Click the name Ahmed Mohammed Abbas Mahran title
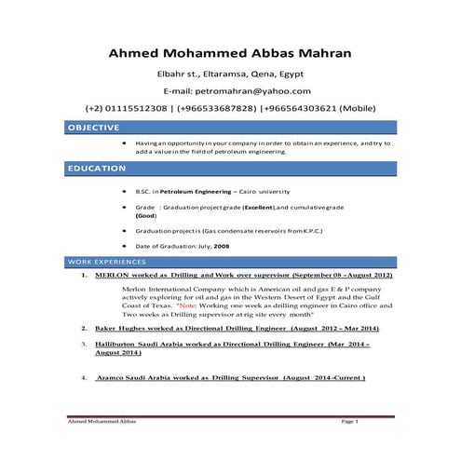(x=230, y=53)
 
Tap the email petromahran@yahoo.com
(x=262, y=90)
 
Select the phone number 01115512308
(x=142, y=108)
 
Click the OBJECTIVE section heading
(x=93, y=127)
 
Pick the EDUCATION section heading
(x=96, y=169)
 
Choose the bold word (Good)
(x=147, y=214)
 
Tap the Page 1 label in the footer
(x=349, y=422)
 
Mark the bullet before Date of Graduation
(x=125, y=246)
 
